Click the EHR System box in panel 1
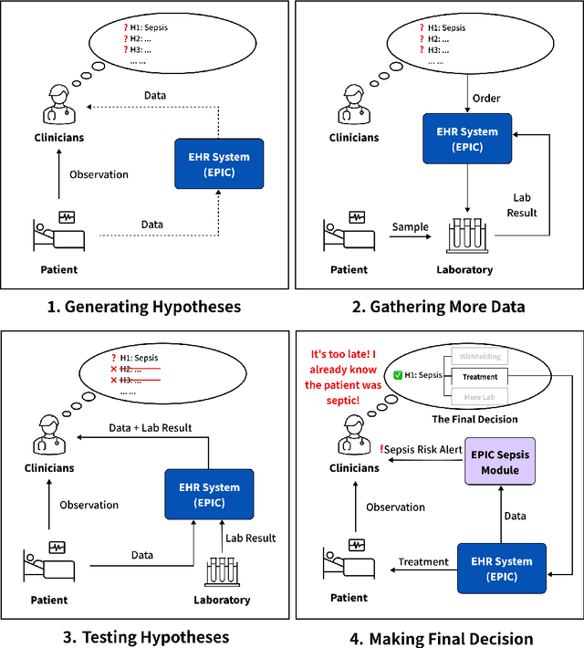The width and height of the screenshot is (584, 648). coord(219,164)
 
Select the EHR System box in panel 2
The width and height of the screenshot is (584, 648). coord(465,139)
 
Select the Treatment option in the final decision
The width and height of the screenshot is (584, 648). coord(479,376)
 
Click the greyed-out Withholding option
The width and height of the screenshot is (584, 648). coord(479,357)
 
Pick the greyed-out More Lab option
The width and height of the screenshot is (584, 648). coord(479,397)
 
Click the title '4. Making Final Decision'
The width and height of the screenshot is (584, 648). coord(442,638)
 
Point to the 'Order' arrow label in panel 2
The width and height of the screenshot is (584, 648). coord(485,99)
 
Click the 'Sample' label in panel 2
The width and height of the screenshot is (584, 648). coord(411,225)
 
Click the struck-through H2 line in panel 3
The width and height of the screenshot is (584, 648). coord(137,368)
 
